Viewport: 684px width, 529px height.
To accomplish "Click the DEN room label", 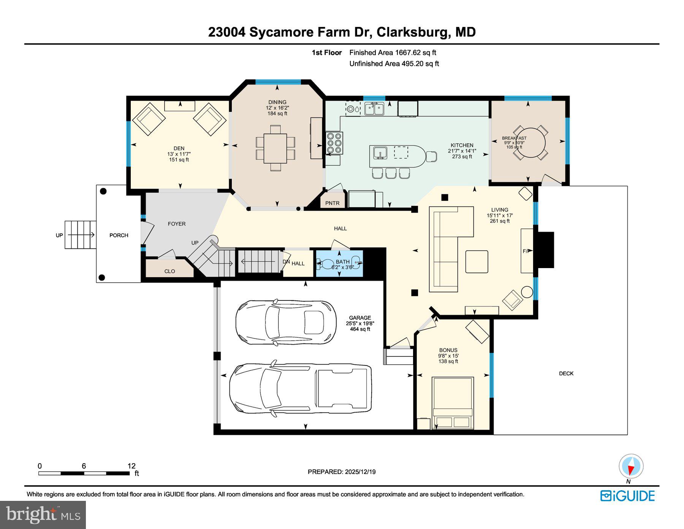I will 179,148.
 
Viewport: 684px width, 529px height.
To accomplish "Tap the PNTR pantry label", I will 332,203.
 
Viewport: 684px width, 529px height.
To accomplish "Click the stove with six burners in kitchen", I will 334,143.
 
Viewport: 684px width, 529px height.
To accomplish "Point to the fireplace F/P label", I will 526,251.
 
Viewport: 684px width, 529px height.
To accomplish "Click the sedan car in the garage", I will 286,322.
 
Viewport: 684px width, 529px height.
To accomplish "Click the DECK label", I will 566,373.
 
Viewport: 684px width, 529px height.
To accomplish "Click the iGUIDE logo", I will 627,496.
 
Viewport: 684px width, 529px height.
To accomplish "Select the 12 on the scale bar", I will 131,466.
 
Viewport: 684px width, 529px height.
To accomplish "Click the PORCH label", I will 119,235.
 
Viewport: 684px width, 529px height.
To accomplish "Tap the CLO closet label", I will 169,271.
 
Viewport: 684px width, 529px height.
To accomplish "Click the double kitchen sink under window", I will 374,109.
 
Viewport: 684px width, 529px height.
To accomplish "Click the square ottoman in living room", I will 477,262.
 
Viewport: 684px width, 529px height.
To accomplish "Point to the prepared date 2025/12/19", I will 360,472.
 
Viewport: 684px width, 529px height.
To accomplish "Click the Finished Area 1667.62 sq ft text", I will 393,53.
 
